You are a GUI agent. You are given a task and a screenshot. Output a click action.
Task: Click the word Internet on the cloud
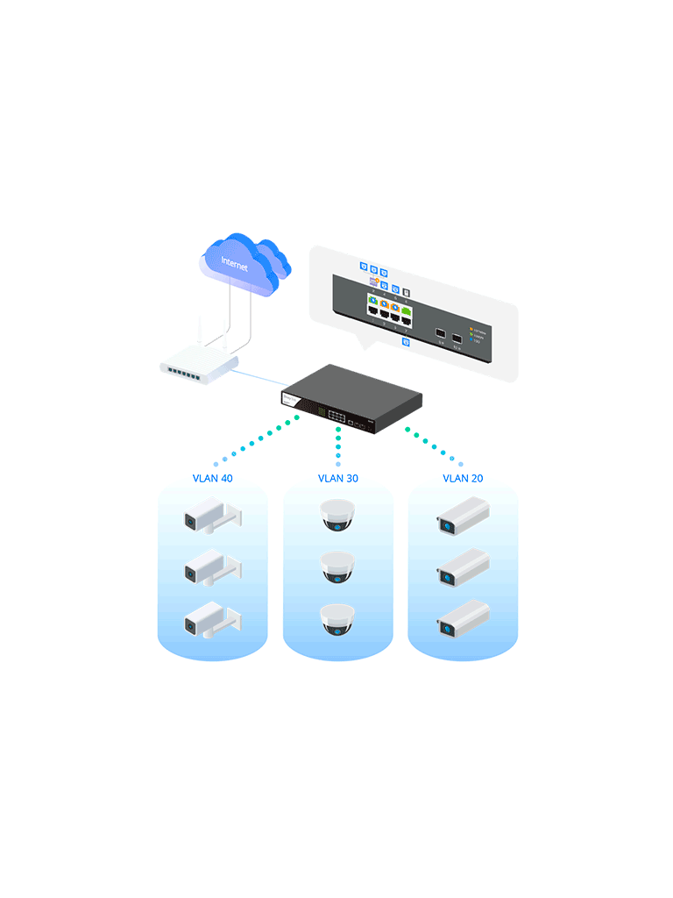[234, 263]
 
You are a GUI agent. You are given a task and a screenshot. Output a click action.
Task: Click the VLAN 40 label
[213, 479]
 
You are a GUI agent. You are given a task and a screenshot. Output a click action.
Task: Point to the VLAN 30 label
[338, 479]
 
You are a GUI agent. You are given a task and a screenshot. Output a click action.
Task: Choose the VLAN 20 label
[463, 479]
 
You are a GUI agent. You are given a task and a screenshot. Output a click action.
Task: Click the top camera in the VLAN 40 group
[211, 517]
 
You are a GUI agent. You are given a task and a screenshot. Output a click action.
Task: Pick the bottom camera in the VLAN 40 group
[211, 620]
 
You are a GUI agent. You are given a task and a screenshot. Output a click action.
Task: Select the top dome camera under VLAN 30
[337, 515]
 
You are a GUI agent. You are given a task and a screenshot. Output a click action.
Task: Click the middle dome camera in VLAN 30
[337, 567]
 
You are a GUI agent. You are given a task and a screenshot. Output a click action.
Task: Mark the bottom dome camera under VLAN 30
[337, 619]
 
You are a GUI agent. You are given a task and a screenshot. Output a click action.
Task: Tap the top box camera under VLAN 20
[462, 516]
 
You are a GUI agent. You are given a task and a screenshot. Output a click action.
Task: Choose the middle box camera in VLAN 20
[462, 567]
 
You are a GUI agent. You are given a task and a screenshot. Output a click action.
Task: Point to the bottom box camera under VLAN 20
[462, 619]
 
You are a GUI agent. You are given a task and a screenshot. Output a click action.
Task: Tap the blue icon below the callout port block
[406, 342]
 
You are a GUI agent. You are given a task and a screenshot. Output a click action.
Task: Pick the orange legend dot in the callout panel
[471, 330]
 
